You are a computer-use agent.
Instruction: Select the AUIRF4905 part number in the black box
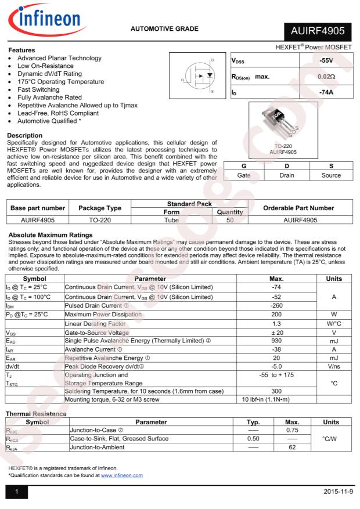point(318,32)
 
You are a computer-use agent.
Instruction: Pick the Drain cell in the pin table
point(287,175)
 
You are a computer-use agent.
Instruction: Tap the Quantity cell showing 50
point(230,220)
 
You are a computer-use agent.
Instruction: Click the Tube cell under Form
point(171,220)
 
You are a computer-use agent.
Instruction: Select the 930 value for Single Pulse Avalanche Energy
point(276,341)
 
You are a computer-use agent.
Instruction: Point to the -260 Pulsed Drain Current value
point(276,305)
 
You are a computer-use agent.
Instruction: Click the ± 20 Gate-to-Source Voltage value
point(276,333)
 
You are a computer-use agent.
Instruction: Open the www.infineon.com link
point(121,475)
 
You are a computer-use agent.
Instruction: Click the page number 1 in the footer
point(17,492)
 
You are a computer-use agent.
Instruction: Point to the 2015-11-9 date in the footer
point(337,492)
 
